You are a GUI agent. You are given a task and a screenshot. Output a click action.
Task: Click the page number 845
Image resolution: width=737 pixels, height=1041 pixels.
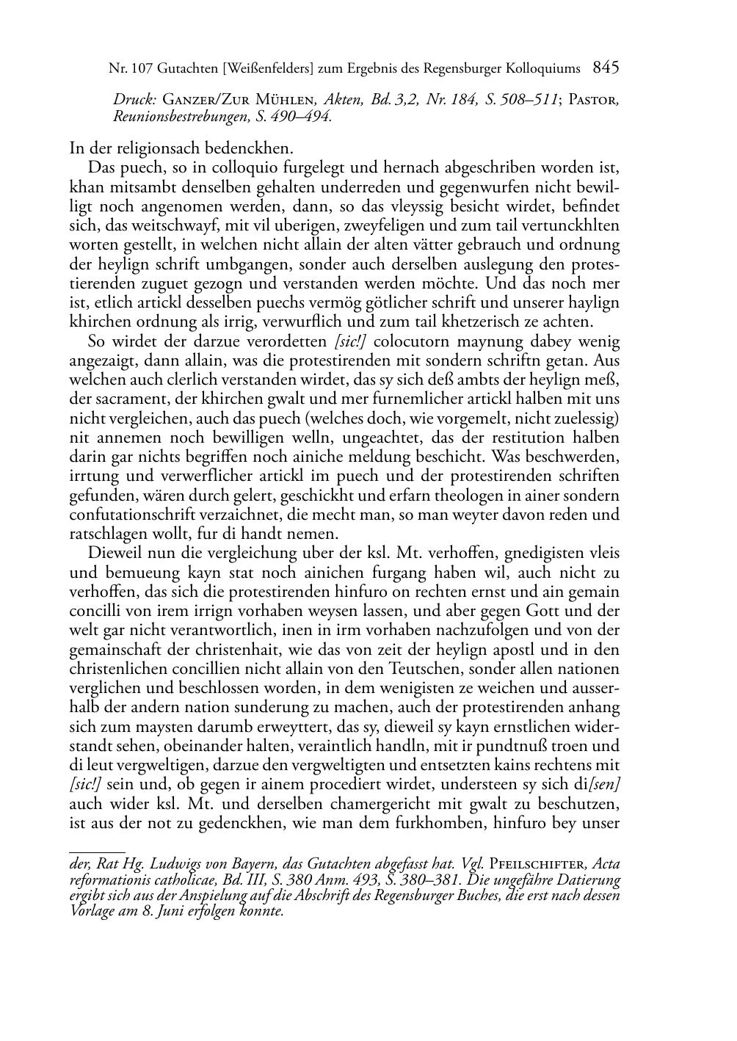coord(606,68)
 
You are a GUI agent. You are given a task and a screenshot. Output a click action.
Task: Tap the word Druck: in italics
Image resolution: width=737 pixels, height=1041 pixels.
coord(134,99)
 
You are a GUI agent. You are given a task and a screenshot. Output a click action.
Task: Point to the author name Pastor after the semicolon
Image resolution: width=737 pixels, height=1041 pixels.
coord(594,99)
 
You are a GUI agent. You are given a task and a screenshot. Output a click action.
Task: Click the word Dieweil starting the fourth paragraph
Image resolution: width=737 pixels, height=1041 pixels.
coord(115,553)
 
